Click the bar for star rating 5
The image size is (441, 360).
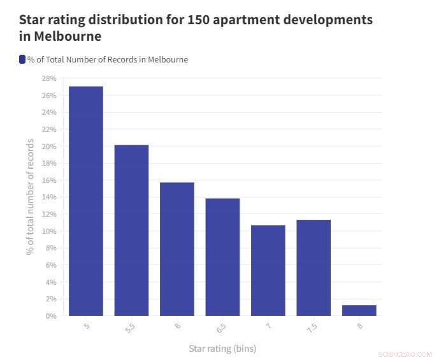[86, 201]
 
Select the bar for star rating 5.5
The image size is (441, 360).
[131, 230]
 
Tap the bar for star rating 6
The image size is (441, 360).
[177, 248]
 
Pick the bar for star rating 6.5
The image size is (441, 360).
[222, 257]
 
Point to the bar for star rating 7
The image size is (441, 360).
[268, 270]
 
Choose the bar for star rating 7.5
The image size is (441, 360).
[314, 268]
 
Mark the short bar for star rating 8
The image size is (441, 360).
[359, 310]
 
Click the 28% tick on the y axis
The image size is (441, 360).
[48, 78]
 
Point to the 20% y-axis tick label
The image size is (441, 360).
[48, 147]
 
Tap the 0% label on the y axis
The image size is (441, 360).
[50, 316]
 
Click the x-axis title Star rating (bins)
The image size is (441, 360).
[222, 349]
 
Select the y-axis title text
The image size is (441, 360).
[30, 198]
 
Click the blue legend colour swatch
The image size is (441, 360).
[22, 59]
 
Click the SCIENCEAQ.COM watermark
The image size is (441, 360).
[405, 354]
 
